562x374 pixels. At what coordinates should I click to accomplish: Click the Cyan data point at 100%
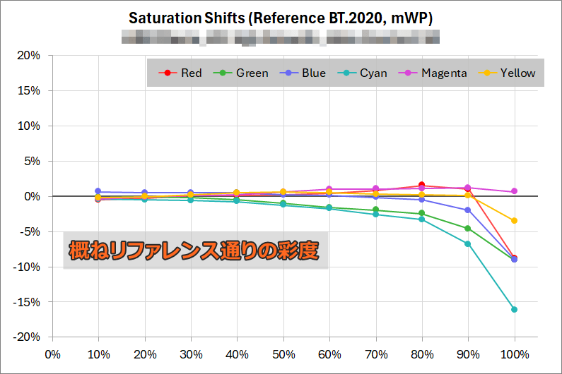click(x=514, y=309)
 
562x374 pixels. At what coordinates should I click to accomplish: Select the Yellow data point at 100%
click(x=514, y=221)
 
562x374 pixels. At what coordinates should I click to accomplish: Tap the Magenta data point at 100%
click(x=514, y=191)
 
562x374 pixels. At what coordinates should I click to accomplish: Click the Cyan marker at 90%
click(x=467, y=244)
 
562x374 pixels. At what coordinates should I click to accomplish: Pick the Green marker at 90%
click(x=467, y=228)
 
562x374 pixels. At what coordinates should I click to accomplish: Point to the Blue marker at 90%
click(x=467, y=210)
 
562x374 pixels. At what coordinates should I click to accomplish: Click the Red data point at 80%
click(x=421, y=186)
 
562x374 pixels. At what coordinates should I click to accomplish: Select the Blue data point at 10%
click(x=98, y=191)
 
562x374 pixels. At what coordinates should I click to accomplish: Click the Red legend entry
click(x=182, y=73)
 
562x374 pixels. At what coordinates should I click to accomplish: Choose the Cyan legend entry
click(x=365, y=73)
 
